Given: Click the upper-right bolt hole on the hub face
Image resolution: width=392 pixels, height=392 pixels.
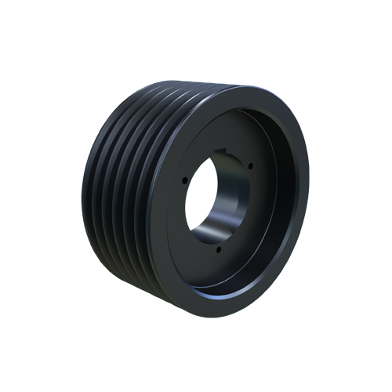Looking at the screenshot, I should (x=249, y=164).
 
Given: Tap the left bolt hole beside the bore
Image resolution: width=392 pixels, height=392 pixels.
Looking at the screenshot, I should (x=185, y=179).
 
